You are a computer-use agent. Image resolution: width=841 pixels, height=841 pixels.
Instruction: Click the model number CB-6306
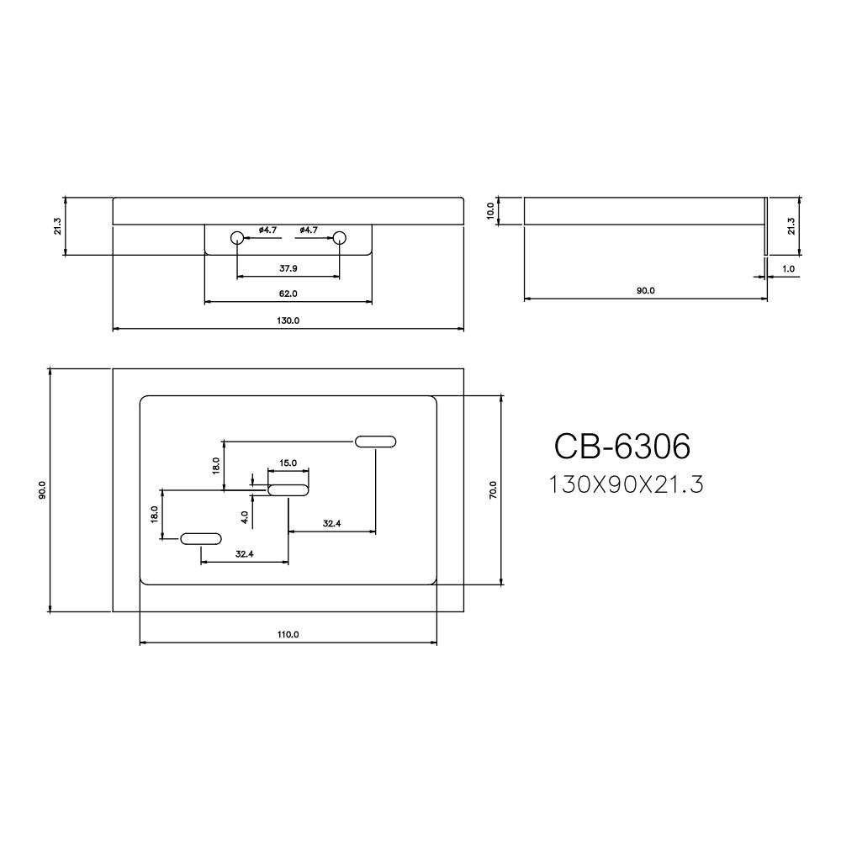pyautogui.click(x=621, y=447)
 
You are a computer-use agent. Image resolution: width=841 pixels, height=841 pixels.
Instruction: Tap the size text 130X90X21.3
pyautogui.click(x=625, y=485)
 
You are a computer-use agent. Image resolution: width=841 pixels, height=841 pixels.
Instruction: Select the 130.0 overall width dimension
pyautogui.click(x=288, y=320)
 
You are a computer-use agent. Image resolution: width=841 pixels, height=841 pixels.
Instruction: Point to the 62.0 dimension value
pyautogui.click(x=288, y=294)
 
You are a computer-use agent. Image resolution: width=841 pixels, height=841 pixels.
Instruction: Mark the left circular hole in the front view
pyautogui.click(x=238, y=238)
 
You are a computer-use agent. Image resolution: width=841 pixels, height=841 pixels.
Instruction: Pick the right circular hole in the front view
pyautogui.click(x=340, y=238)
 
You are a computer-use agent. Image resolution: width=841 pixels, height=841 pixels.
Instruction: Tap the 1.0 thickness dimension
pyautogui.click(x=788, y=269)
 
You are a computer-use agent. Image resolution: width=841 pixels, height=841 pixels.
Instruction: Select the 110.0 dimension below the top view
pyautogui.click(x=288, y=635)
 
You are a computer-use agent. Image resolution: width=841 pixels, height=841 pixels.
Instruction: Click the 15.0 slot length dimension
pyautogui.click(x=288, y=463)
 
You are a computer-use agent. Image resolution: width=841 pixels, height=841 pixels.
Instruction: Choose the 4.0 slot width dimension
pyautogui.click(x=243, y=516)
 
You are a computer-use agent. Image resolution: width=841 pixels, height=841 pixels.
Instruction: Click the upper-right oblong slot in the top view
pyautogui.click(x=376, y=442)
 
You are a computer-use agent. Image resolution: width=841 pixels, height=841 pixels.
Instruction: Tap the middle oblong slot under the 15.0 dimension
pyautogui.click(x=288, y=489)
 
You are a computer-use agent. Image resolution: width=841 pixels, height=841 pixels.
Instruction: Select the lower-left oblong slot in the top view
pyautogui.click(x=202, y=538)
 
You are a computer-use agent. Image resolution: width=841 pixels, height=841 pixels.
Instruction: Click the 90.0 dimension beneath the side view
pyautogui.click(x=645, y=291)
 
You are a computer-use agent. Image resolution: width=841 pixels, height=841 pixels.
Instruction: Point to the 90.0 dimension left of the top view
pyautogui.click(x=42, y=489)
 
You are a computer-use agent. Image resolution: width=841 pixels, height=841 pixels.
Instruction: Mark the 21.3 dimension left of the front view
pyautogui.click(x=56, y=226)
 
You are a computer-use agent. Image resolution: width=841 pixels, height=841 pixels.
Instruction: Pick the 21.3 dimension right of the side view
pyautogui.click(x=791, y=226)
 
